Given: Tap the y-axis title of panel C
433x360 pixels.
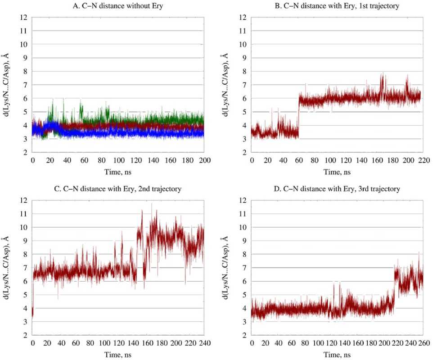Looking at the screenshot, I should click(7, 268).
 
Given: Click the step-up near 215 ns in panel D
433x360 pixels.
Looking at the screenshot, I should click(394, 288).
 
